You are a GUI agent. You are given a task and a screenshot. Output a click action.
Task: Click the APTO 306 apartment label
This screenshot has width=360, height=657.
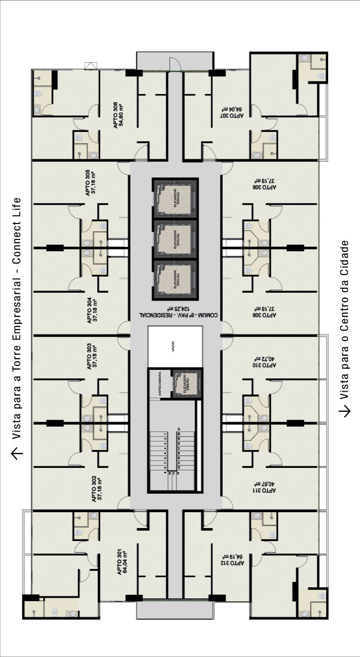click(x=118, y=115)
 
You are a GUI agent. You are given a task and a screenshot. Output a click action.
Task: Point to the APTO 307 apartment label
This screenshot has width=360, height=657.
click(x=231, y=111)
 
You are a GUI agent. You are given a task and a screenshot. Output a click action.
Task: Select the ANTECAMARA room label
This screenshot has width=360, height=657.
click(x=159, y=383)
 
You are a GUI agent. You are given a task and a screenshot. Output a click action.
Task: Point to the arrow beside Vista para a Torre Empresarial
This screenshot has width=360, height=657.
click(x=17, y=453)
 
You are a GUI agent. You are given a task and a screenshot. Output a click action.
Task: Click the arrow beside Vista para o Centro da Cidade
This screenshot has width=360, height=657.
click(x=345, y=411)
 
